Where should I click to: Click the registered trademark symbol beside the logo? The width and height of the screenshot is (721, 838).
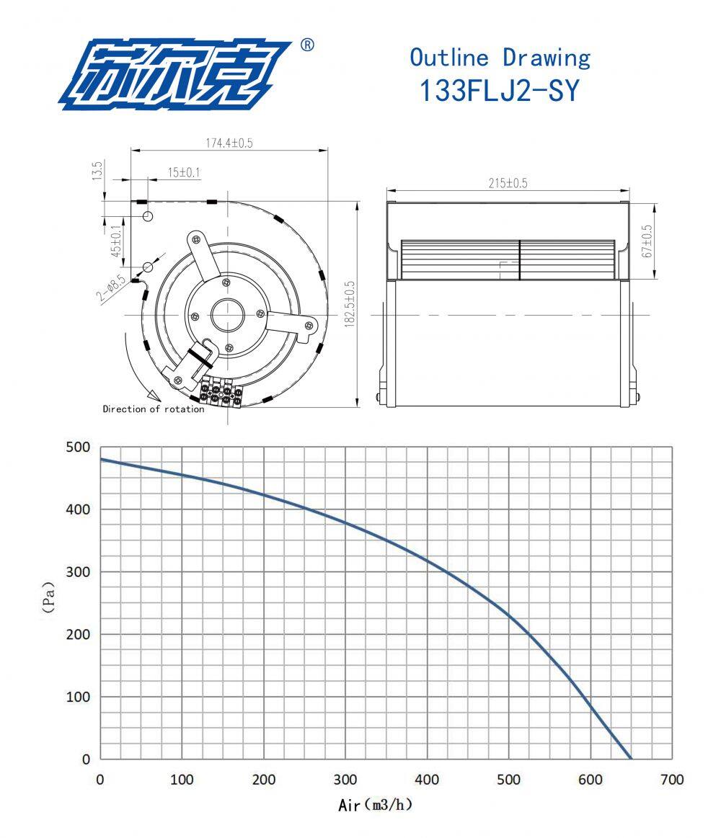pyautogui.click(x=308, y=45)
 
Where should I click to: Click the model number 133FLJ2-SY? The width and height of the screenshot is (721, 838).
pyautogui.click(x=500, y=90)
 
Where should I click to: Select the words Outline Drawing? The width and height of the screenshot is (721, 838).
pyautogui.click(x=500, y=58)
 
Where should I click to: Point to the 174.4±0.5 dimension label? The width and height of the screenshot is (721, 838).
pyautogui.click(x=229, y=143)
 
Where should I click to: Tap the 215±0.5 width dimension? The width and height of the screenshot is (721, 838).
pyautogui.click(x=508, y=183)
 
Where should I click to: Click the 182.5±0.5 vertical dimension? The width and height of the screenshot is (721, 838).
pyautogui.click(x=350, y=304)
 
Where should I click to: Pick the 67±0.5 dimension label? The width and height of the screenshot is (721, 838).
pyautogui.click(x=647, y=241)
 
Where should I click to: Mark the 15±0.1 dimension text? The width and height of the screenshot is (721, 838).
pyautogui.click(x=183, y=173)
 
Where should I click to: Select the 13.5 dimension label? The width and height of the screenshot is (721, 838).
pyautogui.click(x=97, y=171)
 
